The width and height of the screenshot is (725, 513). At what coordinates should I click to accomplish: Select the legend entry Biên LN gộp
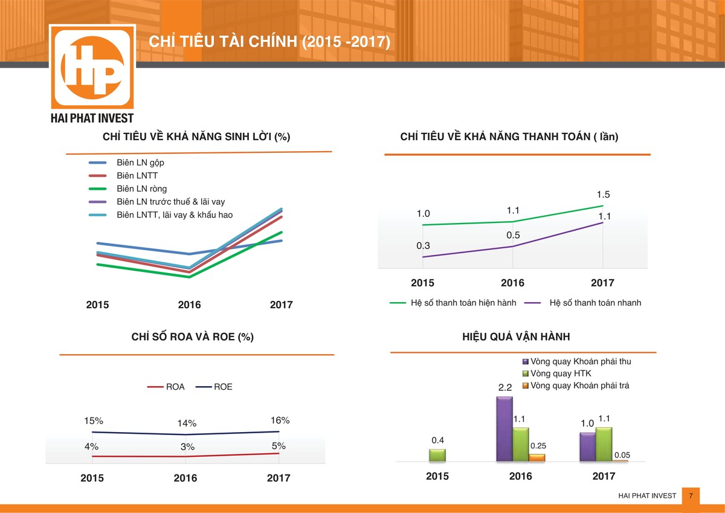coord(140,163)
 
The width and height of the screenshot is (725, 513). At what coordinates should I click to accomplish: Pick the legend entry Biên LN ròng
coord(141,189)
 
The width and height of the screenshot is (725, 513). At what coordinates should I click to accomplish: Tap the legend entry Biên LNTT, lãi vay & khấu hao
coord(174,215)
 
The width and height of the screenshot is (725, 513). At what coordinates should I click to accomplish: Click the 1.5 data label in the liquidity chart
coord(603,195)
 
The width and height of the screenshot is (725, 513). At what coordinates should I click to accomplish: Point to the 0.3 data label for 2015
coord(423,245)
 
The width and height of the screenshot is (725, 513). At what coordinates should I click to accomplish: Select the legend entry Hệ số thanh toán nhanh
coord(595,303)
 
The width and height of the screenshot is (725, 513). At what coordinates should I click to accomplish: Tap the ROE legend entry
coord(222,387)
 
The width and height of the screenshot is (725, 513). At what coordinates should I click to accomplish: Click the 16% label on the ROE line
coord(280,421)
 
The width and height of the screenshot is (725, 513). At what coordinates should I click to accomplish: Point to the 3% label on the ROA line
coord(187,447)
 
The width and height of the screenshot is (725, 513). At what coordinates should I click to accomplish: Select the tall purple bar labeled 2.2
coord(504,429)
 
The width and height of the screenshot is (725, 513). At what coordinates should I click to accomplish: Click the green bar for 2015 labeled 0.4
coord(437,455)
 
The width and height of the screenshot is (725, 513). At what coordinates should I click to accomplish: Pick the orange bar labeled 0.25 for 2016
coord(537,458)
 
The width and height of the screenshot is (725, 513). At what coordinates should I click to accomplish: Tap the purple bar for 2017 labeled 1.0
coord(587,447)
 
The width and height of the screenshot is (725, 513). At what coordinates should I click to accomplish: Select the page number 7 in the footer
coord(690,495)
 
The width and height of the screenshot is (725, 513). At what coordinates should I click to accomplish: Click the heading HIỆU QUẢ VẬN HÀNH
coord(516,337)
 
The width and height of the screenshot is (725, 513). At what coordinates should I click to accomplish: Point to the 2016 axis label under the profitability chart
coord(189,305)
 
